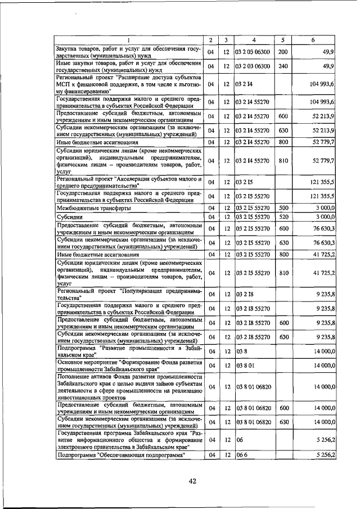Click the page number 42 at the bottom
click(192, 481)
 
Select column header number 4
click(254, 40)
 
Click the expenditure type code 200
click(283, 52)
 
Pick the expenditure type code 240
click(283, 66)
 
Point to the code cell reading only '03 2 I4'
click(244, 84)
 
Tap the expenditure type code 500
click(283, 208)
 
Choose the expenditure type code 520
click(283, 217)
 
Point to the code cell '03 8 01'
click(245, 365)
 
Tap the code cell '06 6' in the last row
click(241, 455)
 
